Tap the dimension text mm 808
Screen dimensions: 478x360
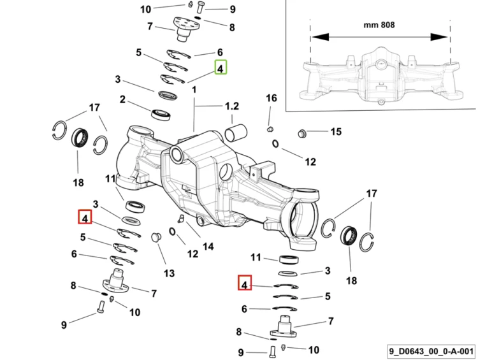click(x=379, y=25)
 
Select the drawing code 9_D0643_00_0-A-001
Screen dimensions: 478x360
click(x=431, y=351)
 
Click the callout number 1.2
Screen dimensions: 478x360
click(x=232, y=106)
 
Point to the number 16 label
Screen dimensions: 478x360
click(x=272, y=98)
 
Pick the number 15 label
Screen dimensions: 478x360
click(x=336, y=132)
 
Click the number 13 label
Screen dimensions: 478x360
click(x=169, y=273)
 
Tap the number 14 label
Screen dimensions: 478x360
click(x=208, y=247)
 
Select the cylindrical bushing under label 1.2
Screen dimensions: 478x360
click(x=236, y=133)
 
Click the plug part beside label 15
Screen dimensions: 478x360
click(x=301, y=133)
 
